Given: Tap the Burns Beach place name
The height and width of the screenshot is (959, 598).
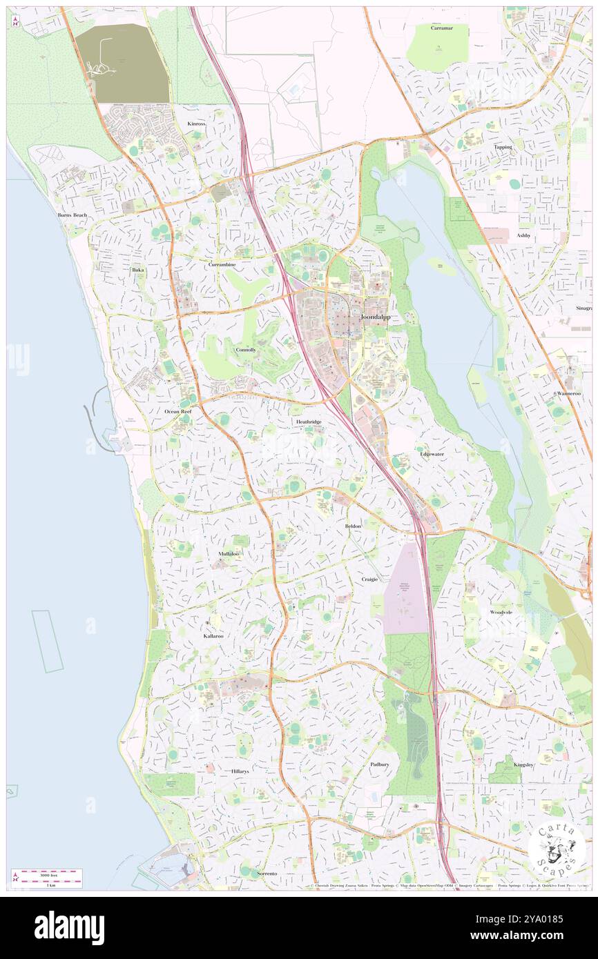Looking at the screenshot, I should [72, 215].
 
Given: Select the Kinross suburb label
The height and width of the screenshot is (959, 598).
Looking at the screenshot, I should [197, 123].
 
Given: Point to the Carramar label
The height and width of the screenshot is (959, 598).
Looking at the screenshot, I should [441, 28].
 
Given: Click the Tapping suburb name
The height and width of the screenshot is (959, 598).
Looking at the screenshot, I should [503, 147].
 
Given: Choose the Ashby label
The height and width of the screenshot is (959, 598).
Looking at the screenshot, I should [523, 235].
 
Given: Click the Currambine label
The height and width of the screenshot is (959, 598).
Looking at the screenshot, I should [222, 264].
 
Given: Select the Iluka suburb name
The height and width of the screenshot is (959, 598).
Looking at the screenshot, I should [138, 270].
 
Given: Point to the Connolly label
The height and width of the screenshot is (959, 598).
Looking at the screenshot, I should [246, 350].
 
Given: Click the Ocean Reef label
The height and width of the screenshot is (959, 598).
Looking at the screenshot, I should [177, 411].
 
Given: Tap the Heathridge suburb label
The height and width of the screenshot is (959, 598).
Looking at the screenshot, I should [309, 421].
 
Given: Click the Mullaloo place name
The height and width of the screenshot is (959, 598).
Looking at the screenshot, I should [229, 554].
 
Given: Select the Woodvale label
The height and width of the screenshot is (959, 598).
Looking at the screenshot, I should [501, 612].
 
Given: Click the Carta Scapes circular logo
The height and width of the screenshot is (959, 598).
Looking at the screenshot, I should [557, 849].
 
